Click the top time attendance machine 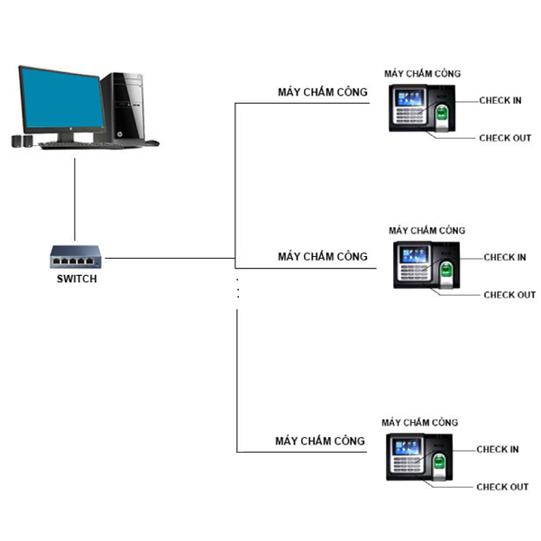[423, 109]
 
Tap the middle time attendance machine [427, 264]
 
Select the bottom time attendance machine [418, 456]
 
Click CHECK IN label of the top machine [500, 100]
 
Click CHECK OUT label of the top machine [505, 138]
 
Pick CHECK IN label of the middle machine [504, 257]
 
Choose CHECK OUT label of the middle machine [509, 295]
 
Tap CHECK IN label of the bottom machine [497, 449]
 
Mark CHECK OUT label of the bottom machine [502, 487]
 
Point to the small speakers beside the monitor [20, 141]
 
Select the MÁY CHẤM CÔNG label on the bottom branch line [320, 441]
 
